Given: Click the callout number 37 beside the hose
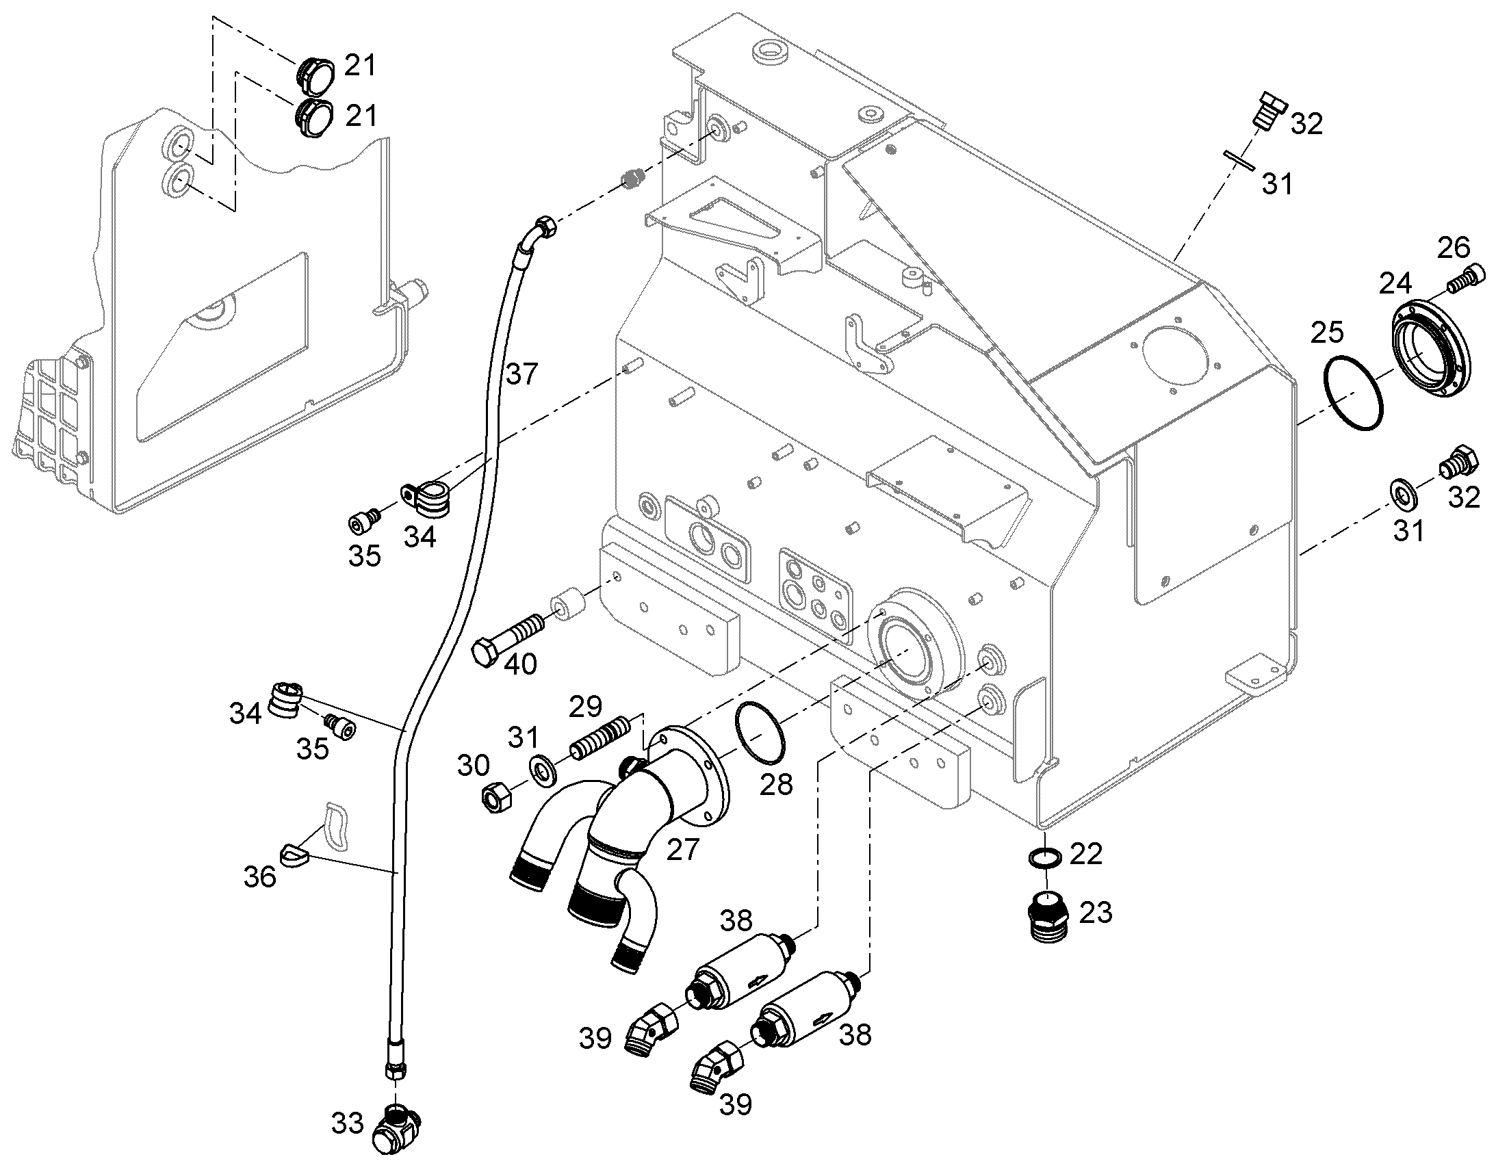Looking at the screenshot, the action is (x=522, y=375).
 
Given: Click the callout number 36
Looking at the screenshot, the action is (x=260, y=877).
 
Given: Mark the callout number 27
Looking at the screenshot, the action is (x=683, y=850).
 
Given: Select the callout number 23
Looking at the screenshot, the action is (x=1096, y=913).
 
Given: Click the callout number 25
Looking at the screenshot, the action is (x=1327, y=333).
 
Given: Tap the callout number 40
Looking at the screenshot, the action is (x=521, y=664).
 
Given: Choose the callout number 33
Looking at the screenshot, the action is (x=347, y=1124).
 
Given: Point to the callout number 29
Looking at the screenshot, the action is (x=586, y=706).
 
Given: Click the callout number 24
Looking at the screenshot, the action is (x=1396, y=283).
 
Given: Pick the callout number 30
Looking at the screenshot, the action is (x=474, y=766).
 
